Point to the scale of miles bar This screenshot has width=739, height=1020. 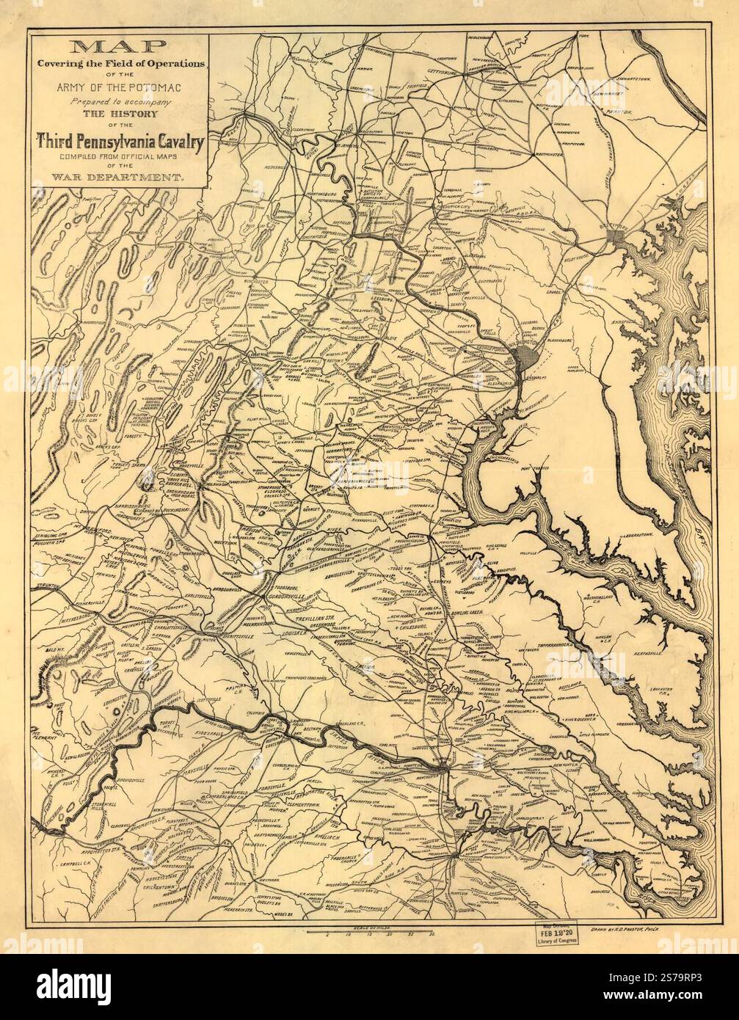(372, 931)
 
